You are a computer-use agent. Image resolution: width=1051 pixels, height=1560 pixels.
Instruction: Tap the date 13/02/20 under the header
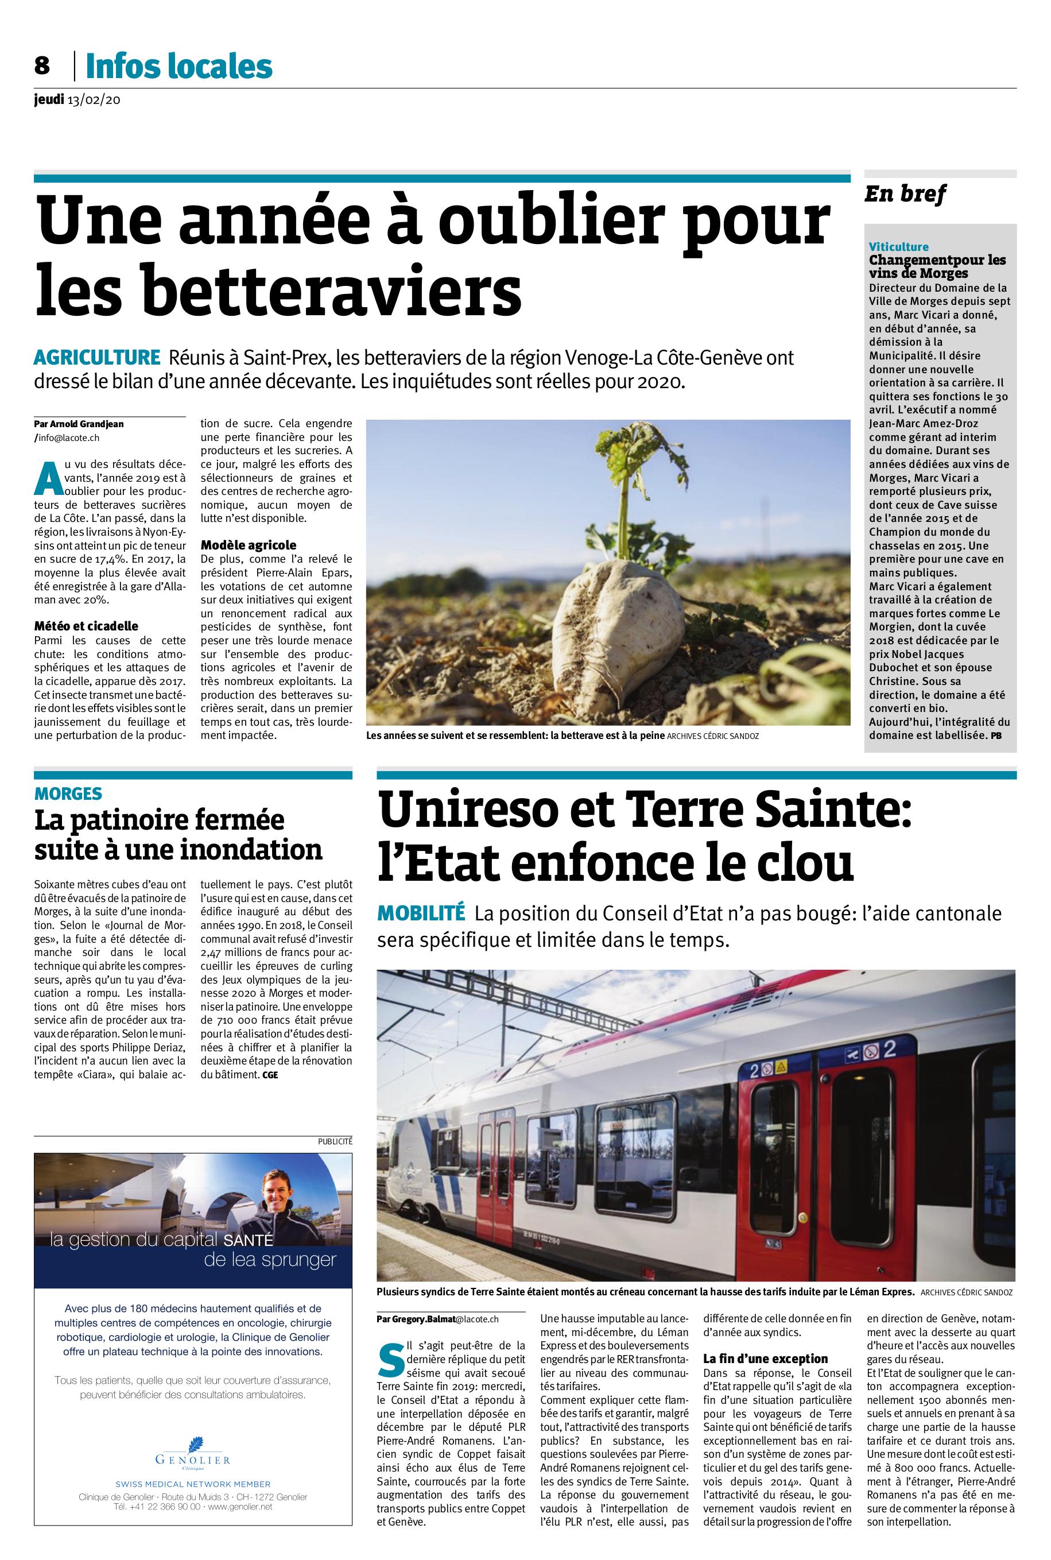tap(92, 100)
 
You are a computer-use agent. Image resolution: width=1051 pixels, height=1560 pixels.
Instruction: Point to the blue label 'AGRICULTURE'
tap(97, 357)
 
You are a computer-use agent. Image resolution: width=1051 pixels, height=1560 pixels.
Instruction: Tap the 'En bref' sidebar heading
tap(905, 195)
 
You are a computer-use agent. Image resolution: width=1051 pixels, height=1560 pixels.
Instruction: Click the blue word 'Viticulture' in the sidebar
tap(898, 247)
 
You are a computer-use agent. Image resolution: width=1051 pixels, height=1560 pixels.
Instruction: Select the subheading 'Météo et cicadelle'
tap(86, 626)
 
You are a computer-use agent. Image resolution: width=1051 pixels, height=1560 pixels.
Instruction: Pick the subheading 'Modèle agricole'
tap(248, 545)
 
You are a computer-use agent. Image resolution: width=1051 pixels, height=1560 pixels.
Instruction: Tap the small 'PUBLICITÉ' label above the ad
tap(335, 1140)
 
